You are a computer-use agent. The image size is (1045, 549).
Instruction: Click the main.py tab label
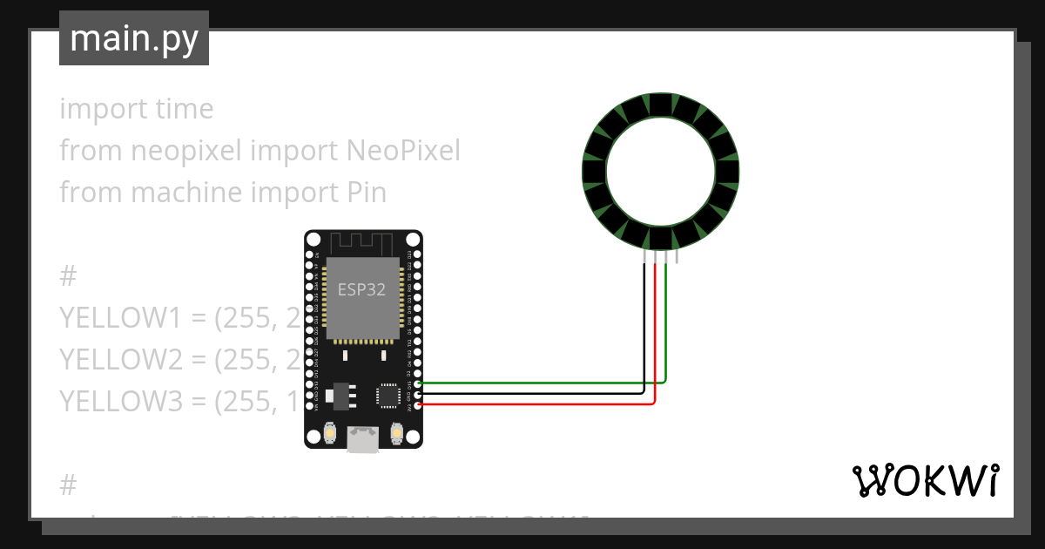coord(134,38)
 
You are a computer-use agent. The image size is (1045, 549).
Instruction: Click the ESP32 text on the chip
coord(361,290)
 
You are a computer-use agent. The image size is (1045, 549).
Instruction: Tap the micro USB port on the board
coord(363,440)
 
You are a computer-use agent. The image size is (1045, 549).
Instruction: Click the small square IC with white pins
coord(388,396)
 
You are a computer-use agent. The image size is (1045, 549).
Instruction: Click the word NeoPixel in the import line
coord(403,151)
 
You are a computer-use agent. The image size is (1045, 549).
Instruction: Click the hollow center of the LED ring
coord(660,171)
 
